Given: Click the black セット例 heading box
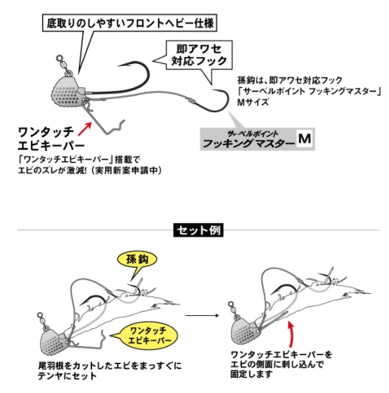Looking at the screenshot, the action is pyautogui.click(x=198, y=230).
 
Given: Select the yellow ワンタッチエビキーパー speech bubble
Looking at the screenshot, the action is pyautogui.click(x=148, y=336).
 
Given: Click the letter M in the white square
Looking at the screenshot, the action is pyautogui.click(x=304, y=138).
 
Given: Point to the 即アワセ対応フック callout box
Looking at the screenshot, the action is pyautogui.click(x=199, y=55).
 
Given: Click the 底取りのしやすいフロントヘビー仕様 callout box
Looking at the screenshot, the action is pyautogui.click(x=129, y=23).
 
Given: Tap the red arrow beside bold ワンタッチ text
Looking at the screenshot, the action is pyautogui.click(x=85, y=129).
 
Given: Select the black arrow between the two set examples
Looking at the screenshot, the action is pyautogui.click(x=202, y=315).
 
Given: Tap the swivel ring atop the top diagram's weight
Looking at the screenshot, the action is pyautogui.click(x=59, y=59).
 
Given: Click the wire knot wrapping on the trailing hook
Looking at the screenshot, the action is pyautogui.click(x=191, y=101).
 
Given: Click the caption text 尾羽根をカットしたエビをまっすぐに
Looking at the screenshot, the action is pyautogui.click(x=110, y=365).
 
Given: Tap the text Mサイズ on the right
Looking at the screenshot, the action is pyautogui.click(x=253, y=103).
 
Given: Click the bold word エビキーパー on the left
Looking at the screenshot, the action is pyautogui.click(x=52, y=145).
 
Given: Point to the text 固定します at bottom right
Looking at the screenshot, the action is pyautogui.click(x=252, y=374).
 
